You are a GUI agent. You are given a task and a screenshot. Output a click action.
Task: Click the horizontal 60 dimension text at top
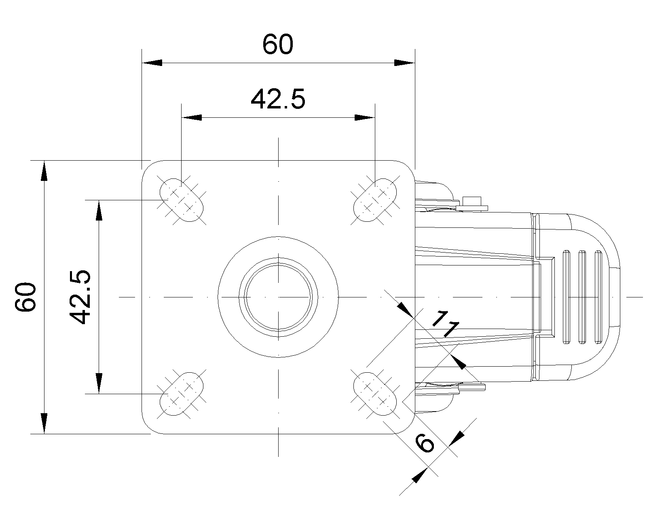coord(277,44)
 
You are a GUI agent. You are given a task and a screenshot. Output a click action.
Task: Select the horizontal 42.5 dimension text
coord(278,99)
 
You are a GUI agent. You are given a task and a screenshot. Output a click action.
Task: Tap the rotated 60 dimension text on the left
coord(25,297)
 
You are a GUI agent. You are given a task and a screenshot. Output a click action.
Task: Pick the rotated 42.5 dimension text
coord(80,297)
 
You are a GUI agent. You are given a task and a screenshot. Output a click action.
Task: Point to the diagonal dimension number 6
coord(425,442)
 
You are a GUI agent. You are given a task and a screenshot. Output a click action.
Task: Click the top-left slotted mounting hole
coord(181,200)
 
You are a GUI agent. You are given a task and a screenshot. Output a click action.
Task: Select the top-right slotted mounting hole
coord(375,200)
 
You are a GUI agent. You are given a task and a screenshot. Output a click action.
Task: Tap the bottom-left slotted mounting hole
coord(181,394)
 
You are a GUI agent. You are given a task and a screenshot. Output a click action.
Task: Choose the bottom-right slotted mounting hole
coord(375,394)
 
